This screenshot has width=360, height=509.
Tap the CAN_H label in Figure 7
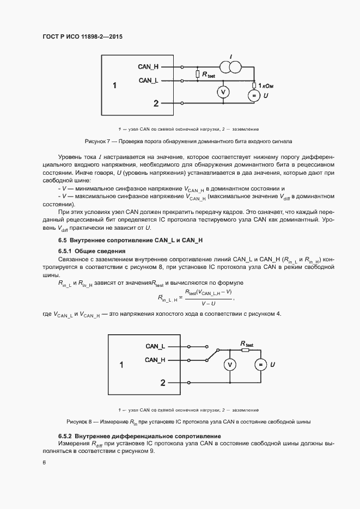coord(148,67)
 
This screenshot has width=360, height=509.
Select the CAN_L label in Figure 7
coord(148,81)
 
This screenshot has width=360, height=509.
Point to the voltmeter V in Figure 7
coord(222,93)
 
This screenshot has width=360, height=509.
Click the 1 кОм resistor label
coord(265,85)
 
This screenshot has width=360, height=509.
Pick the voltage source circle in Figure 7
coord(254,96)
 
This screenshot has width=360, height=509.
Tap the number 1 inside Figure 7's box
coord(115,85)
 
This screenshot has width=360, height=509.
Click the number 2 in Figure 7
coord(156,103)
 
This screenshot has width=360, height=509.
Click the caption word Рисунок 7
coord(97,140)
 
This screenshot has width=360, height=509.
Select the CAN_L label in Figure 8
coord(155,346)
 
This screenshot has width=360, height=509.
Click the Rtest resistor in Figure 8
coord(246,350)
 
